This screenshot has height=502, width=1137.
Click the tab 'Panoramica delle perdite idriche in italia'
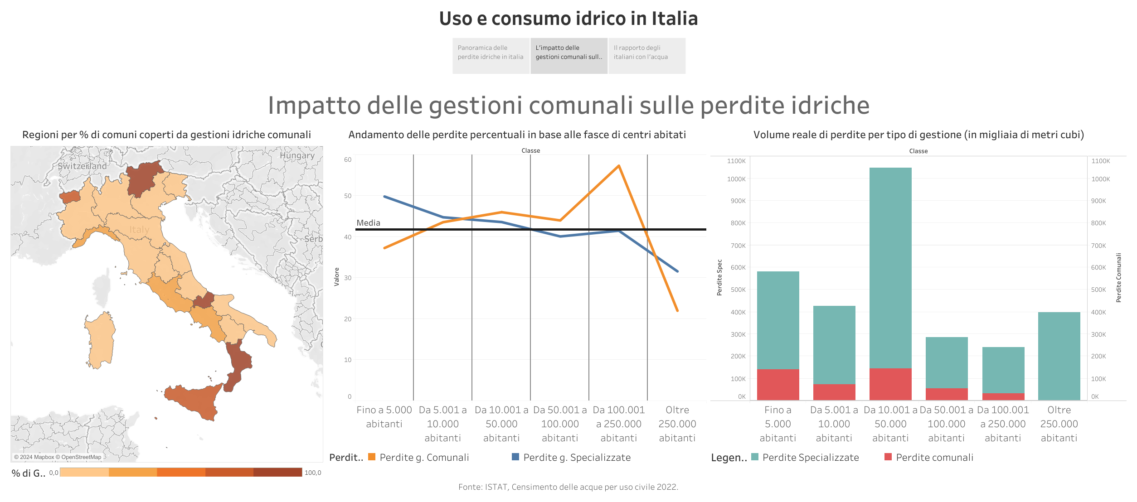click(491, 53)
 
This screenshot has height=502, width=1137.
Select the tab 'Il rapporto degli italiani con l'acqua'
click(646, 53)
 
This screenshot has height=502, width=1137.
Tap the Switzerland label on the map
click(82, 166)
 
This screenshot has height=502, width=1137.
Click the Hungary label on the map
click(297, 155)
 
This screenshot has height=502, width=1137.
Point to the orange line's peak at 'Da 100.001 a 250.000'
click(619, 166)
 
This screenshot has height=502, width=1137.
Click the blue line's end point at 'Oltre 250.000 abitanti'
click(677, 271)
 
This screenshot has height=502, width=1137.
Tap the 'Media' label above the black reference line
click(368, 223)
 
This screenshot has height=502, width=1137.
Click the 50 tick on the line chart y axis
click(348, 196)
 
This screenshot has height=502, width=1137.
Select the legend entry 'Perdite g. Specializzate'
click(577, 458)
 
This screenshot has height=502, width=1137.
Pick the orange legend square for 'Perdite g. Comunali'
click(372, 457)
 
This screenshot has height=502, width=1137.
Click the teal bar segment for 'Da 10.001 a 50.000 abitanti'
click(890, 267)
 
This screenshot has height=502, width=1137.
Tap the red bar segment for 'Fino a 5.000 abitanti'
click(778, 385)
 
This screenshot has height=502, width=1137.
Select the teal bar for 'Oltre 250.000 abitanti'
click(1059, 356)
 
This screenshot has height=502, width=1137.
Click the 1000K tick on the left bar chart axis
click(736, 179)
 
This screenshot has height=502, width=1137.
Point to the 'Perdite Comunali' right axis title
click(1118, 278)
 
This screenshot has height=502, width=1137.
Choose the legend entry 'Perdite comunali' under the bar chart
click(934, 458)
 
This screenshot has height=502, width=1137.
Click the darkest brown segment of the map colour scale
click(277, 473)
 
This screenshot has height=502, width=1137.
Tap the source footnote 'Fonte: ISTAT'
click(568, 487)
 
